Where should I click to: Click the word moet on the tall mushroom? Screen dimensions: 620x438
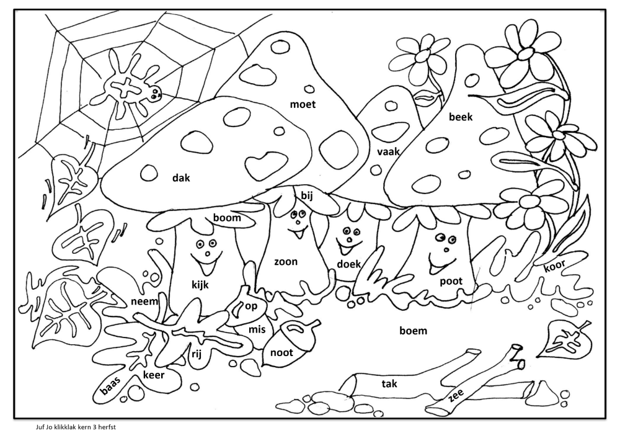coord(303,104)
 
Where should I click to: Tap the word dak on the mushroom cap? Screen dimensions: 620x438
coord(181,177)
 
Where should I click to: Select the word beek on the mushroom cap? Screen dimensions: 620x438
coord(461,117)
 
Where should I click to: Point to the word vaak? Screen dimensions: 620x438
coord(388,151)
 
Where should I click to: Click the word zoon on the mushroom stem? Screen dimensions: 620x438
coord(286,262)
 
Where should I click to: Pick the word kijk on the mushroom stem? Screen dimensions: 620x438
coord(200,285)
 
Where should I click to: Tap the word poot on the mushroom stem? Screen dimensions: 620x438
coord(451,281)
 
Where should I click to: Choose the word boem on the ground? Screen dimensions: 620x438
coord(413,331)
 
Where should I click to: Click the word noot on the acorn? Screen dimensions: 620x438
coord(281,352)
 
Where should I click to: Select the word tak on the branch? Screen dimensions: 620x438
coord(389,383)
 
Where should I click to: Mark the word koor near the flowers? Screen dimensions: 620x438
coord(555,266)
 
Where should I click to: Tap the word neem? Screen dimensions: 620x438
coord(144,302)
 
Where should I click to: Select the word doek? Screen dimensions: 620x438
coord(348,264)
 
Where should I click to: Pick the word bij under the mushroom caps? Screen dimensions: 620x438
coord(307,195)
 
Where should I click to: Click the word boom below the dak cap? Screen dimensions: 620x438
coord(227,218)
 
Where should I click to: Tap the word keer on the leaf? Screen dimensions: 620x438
coord(153,375)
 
